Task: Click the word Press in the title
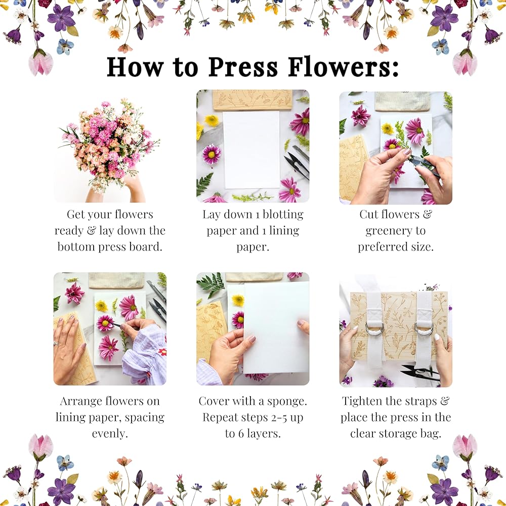pos(243,67)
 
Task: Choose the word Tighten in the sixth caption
pos(362,401)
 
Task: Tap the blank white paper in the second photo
pos(251,150)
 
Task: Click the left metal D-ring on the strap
pos(374,330)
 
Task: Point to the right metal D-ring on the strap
pos(423,330)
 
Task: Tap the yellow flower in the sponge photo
pos(238,300)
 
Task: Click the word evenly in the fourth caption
pos(110,434)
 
